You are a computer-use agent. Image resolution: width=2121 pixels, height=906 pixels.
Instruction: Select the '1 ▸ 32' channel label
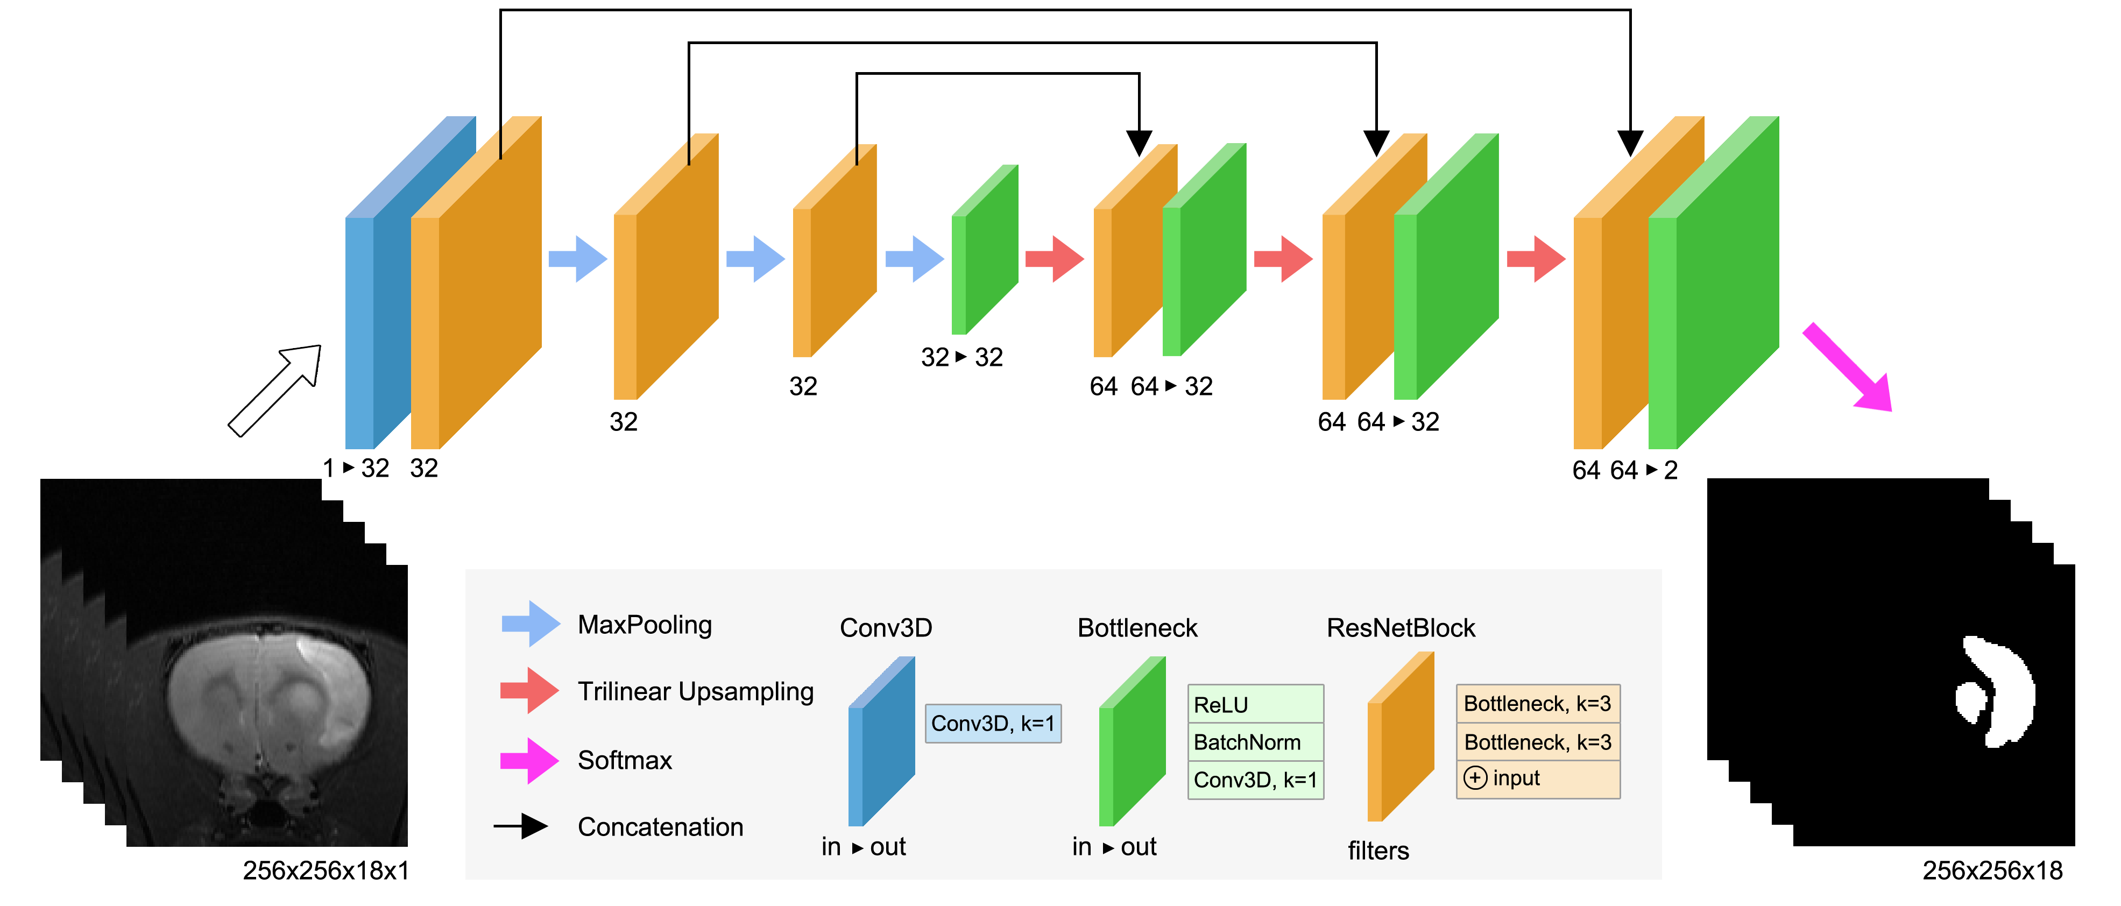pos(356,468)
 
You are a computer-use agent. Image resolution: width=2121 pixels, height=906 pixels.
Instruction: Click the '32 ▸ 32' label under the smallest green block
pos(961,357)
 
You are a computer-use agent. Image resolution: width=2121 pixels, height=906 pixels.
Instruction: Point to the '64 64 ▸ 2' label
pos(1624,470)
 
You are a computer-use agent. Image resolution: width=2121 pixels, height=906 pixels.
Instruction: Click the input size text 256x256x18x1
pos(326,870)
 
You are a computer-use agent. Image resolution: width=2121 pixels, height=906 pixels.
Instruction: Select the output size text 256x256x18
pos(1992,870)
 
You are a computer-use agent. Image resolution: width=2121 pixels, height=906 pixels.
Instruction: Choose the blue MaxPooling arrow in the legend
pos(531,624)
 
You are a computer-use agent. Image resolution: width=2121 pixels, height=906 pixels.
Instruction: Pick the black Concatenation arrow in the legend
pos(522,826)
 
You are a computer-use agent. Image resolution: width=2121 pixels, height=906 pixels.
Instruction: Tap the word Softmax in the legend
pos(625,759)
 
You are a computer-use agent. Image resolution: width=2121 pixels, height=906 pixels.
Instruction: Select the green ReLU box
pos(1255,704)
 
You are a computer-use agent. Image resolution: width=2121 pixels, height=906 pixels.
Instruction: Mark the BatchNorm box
pos(1255,742)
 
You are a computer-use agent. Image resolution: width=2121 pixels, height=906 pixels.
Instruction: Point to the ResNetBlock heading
pos(1401,628)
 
